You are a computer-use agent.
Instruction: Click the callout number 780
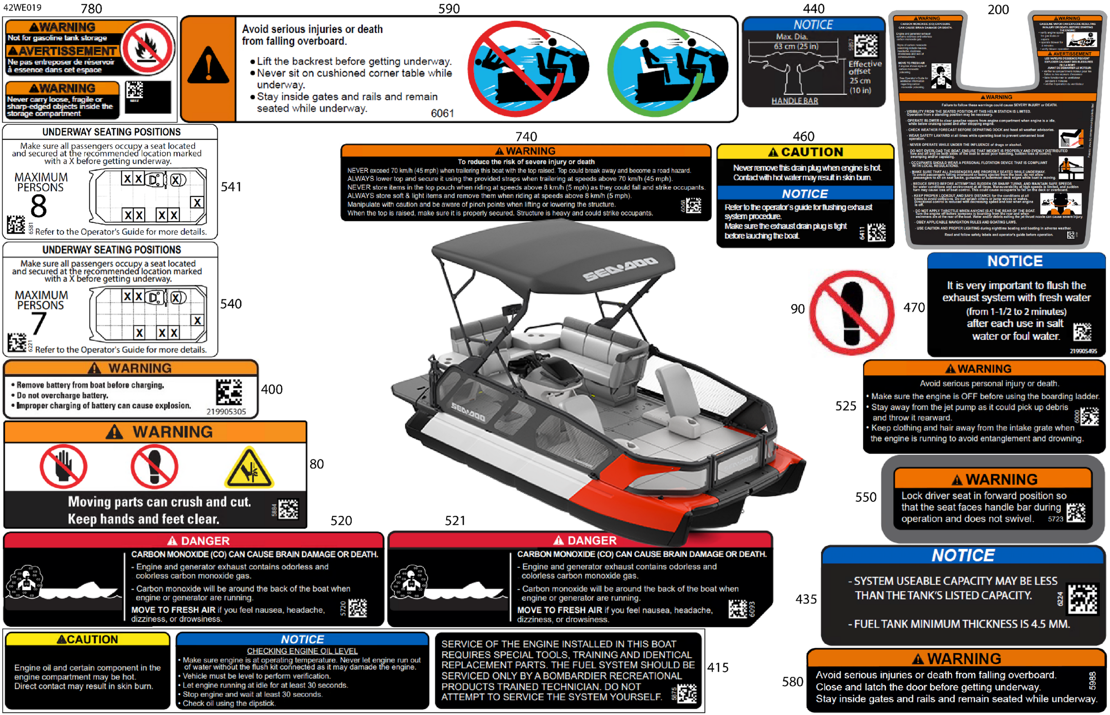[91, 8]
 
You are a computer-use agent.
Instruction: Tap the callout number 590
[449, 8]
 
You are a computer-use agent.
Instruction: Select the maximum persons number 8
[39, 206]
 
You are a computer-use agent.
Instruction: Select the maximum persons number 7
[39, 323]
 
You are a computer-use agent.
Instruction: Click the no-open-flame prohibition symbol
[148, 48]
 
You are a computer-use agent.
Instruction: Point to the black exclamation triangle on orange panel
[208, 66]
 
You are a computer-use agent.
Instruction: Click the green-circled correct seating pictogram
[668, 69]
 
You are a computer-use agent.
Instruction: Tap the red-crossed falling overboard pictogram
[527, 69]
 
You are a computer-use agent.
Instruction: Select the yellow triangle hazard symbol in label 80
[249, 468]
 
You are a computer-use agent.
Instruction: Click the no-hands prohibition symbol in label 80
[63, 466]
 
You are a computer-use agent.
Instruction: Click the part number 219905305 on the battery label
[226, 411]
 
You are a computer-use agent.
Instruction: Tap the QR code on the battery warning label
[228, 392]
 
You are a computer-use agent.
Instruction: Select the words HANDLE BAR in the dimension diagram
[794, 101]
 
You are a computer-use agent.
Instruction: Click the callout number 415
[717, 667]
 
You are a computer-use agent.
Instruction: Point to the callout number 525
[845, 406]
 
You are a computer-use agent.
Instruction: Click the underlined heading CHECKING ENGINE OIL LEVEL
[302, 651]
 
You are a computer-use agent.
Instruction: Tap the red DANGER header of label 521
[580, 540]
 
